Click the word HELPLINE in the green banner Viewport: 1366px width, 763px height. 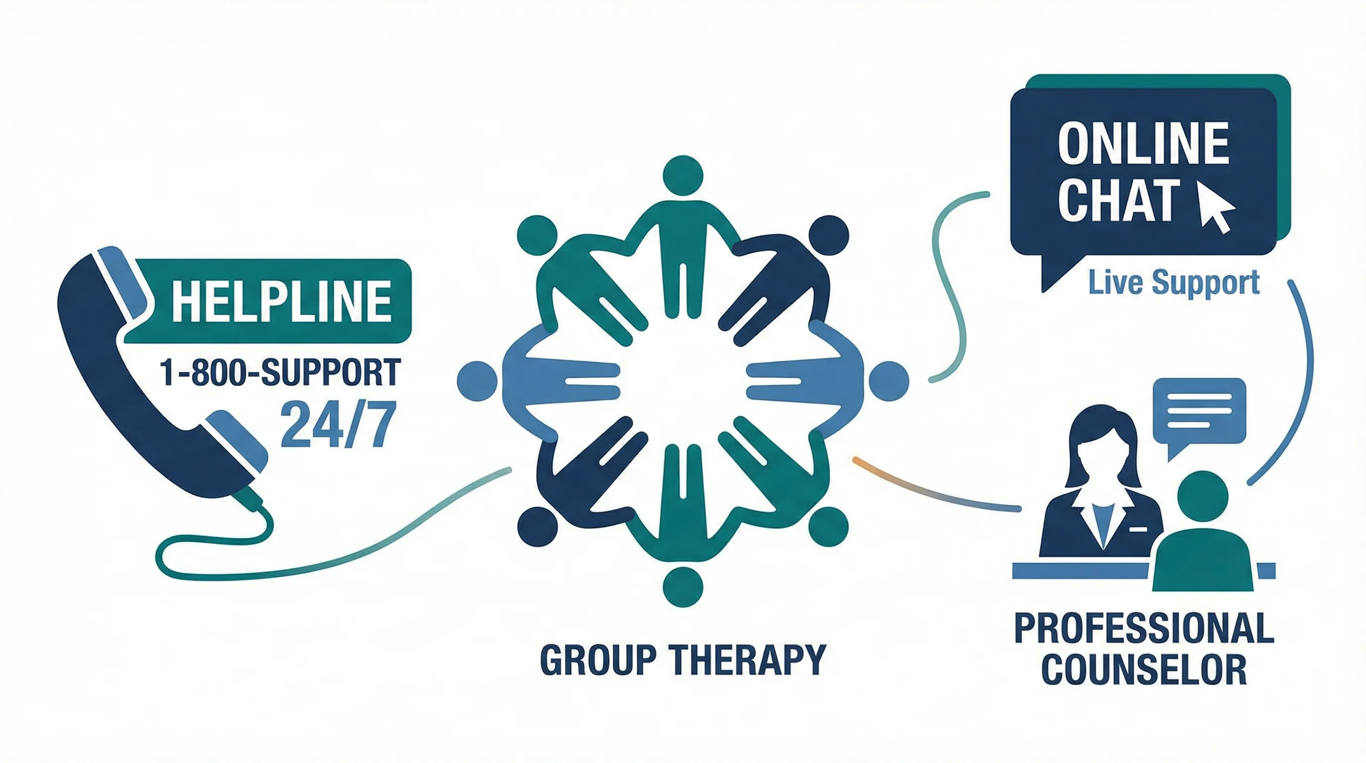281,302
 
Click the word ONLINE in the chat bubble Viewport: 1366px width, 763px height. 1143,144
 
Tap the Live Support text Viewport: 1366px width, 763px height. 1173,282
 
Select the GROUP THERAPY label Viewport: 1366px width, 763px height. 683,660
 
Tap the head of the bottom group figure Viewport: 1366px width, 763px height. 683,587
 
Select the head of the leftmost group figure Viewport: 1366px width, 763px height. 477,381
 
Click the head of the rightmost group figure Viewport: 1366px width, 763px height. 889,381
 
